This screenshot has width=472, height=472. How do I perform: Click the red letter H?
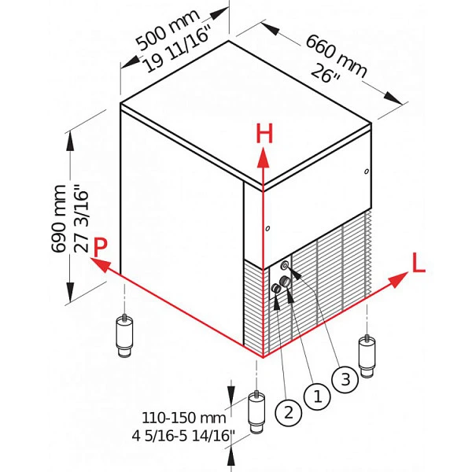[264, 134]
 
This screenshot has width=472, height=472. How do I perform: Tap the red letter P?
[100, 247]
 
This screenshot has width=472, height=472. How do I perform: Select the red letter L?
[419, 263]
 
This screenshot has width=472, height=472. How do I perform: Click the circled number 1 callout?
[317, 396]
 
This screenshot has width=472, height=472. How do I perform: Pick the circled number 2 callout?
[288, 413]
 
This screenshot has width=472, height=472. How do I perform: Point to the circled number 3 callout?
[345, 379]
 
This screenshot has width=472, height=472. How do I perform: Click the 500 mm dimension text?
[168, 30]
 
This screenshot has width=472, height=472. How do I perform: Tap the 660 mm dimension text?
[336, 57]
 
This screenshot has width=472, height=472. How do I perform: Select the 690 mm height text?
[59, 219]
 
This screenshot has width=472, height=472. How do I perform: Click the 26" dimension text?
[325, 74]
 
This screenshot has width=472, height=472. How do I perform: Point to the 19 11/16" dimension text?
[176, 50]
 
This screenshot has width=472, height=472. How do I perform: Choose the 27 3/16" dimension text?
[81, 219]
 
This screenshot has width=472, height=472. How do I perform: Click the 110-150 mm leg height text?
[184, 418]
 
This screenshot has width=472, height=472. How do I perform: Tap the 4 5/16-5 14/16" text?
[183, 435]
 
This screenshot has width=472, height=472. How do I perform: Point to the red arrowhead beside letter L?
[399, 278]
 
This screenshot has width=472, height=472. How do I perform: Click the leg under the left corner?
[124, 336]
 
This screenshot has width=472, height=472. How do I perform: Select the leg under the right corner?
[367, 356]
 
